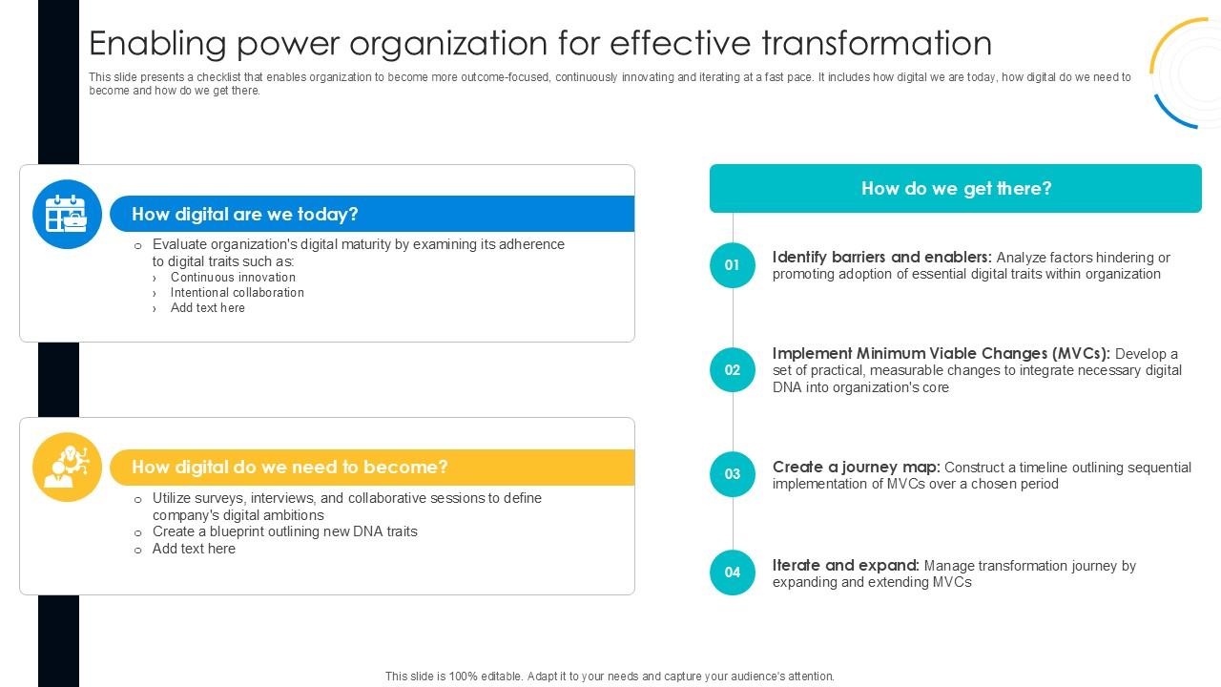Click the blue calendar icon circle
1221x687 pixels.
click(x=67, y=214)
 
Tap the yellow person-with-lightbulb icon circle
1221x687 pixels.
click(x=67, y=467)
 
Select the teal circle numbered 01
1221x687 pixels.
click(x=732, y=265)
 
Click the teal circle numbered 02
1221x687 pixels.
click(x=732, y=370)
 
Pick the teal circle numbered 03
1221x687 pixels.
click(x=732, y=474)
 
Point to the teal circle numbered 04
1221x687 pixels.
click(x=732, y=572)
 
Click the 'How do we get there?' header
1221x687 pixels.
click(x=955, y=188)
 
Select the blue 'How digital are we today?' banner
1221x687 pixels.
click(x=372, y=214)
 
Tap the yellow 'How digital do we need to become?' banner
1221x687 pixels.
click(x=372, y=467)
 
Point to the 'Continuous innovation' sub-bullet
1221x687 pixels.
click(x=233, y=278)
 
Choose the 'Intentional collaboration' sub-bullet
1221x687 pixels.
click(x=237, y=293)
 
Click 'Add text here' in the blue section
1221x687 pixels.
click(x=207, y=308)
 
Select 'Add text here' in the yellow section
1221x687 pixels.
click(x=194, y=549)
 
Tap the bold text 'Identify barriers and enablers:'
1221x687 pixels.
click(x=881, y=258)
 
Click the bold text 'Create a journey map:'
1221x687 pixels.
click(x=856, y=468)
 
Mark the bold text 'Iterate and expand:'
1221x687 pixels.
click(x=845, y=566)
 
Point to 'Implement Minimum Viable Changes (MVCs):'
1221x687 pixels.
click(x=941, y=354)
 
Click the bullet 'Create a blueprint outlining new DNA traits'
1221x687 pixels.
click(x=284, y=531)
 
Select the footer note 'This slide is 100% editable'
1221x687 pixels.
click(x=610, y=677)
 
